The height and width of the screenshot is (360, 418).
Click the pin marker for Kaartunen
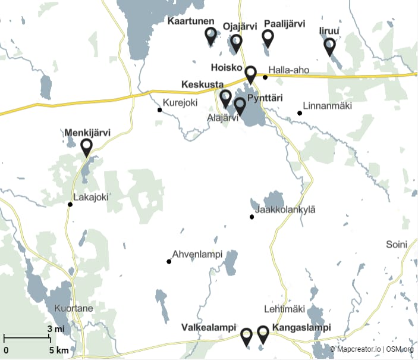coord(210,35)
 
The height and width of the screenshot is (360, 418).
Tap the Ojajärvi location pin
coord(236,42)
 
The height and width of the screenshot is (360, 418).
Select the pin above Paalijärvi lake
coord(268,37)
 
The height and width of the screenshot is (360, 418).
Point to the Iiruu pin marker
coord(329,45)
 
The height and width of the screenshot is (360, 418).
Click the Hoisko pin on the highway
coord(250,74)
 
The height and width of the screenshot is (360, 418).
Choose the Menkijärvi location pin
coord(86,146)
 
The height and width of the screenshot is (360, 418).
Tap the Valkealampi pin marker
coord(246,336)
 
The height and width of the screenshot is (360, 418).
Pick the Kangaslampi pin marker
coord(263,334)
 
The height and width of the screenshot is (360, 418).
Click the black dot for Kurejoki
coord(159,109)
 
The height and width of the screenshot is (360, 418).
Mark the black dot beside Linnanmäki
coord(300,113)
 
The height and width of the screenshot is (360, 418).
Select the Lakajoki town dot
coord(70,205)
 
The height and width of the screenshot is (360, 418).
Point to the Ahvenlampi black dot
coord(169,261)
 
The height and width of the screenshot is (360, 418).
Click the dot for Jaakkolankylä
coord(252,217)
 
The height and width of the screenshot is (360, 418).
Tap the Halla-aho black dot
coord(265,77)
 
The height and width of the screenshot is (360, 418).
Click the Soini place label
coord(397,244)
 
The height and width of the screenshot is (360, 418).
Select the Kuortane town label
coord(73,309)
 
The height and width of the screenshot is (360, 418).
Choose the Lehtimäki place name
coord(284,309)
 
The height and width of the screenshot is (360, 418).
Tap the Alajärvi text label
coord(222,118)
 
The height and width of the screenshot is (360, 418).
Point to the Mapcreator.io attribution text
coord(356,349)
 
